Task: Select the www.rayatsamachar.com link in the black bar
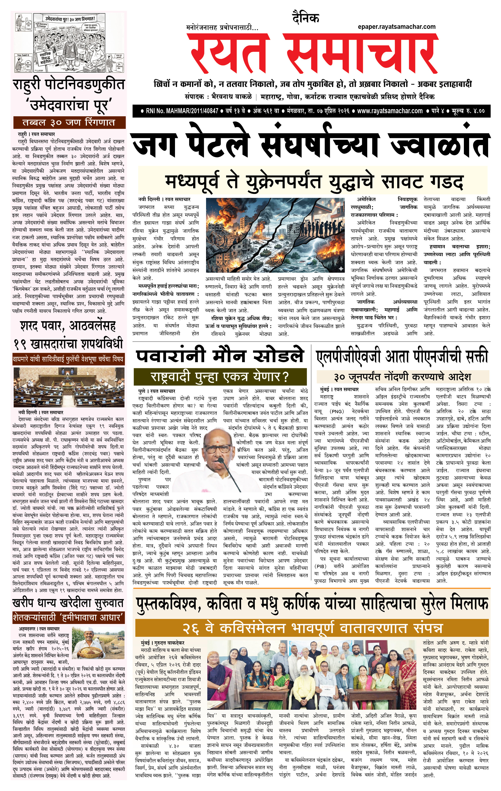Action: pos(390,111)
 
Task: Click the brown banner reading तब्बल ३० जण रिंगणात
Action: pos(69,123)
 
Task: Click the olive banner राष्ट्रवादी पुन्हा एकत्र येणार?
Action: pos(220,377)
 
